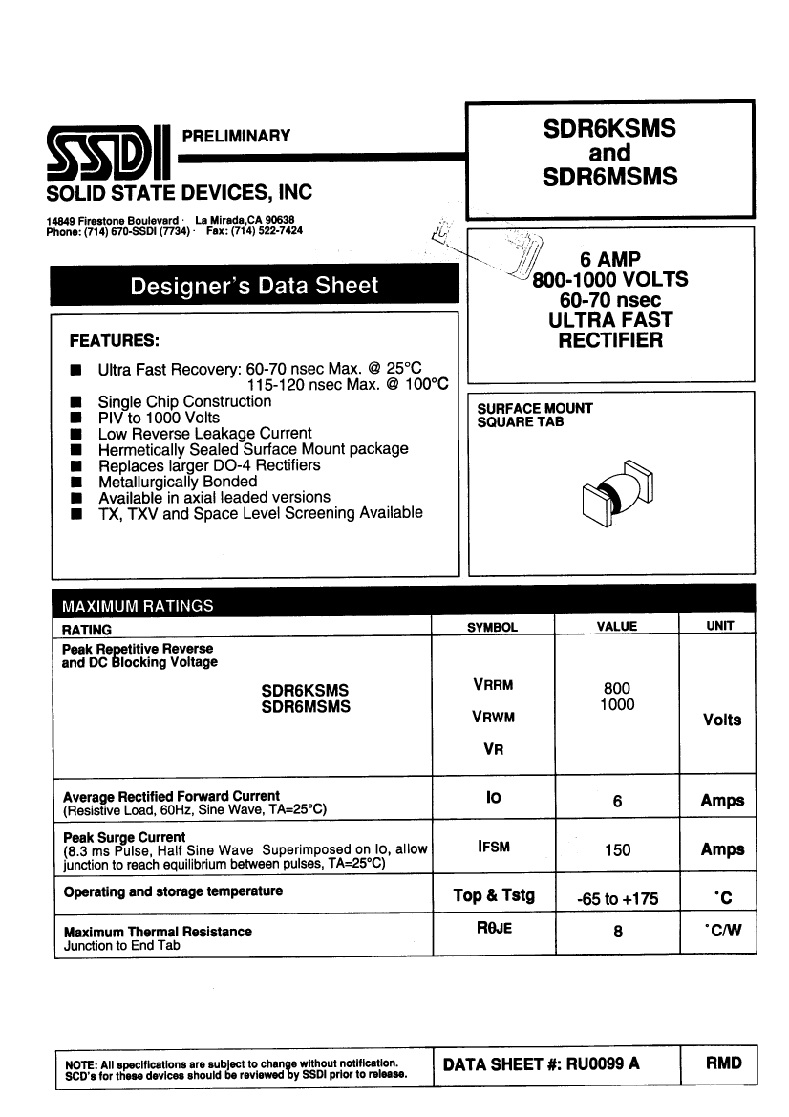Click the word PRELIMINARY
[236, 136]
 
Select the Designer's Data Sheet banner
[254, 286]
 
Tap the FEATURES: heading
[114, 340]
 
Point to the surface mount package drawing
[617, 495]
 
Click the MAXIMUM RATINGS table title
[138, 606]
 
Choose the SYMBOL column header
[492, 627]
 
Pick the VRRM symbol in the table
[492, 685]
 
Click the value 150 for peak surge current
[617, 849]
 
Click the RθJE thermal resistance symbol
[493, 929]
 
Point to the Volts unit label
[721, 720]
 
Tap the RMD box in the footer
[722, 1063]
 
